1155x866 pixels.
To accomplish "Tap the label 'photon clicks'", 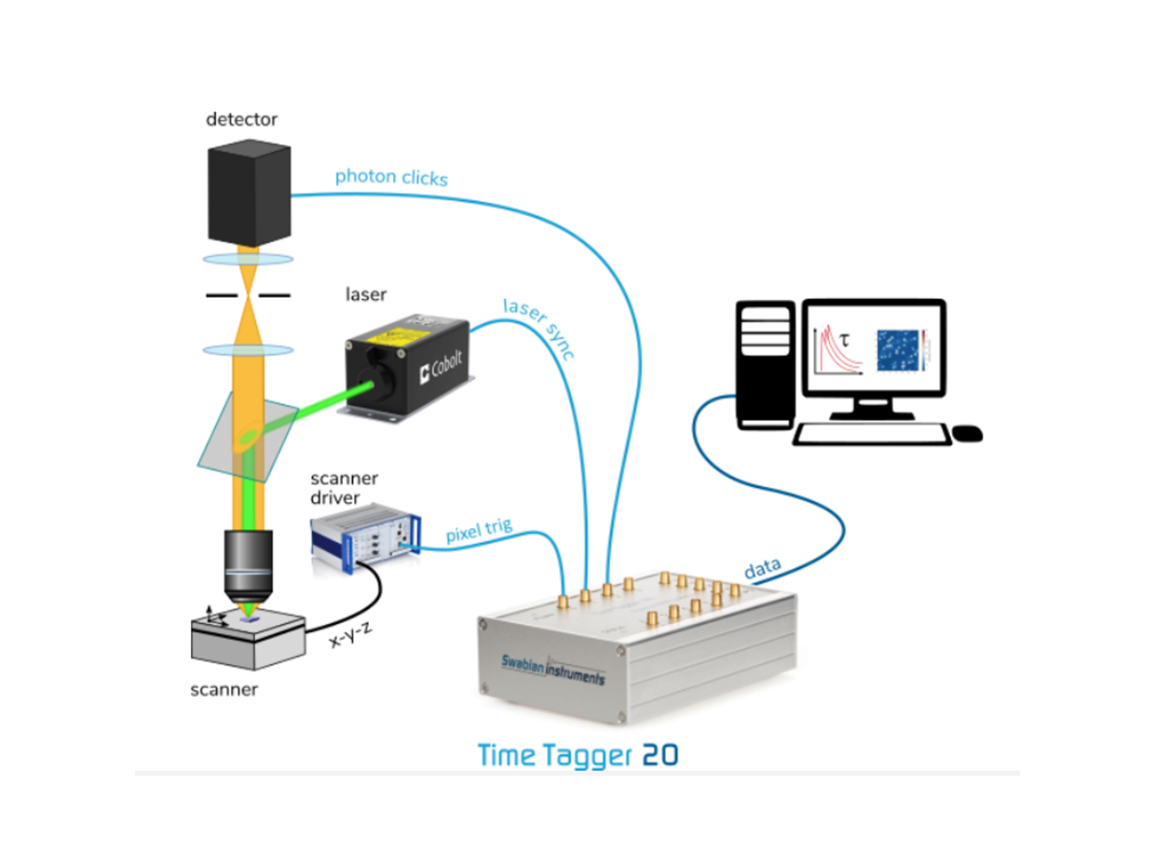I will click(391, 176).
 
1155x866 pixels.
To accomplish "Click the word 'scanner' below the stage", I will click(224, 690).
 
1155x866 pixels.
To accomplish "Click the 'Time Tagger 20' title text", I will click(577, 753).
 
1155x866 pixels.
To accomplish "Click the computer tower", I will click(765, 363).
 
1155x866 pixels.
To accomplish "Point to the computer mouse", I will click(968, 433).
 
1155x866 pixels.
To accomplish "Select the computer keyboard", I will click(872, 434).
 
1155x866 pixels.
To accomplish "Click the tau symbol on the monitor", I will click(845, 342).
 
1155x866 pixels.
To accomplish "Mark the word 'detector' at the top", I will click(241, 119).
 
